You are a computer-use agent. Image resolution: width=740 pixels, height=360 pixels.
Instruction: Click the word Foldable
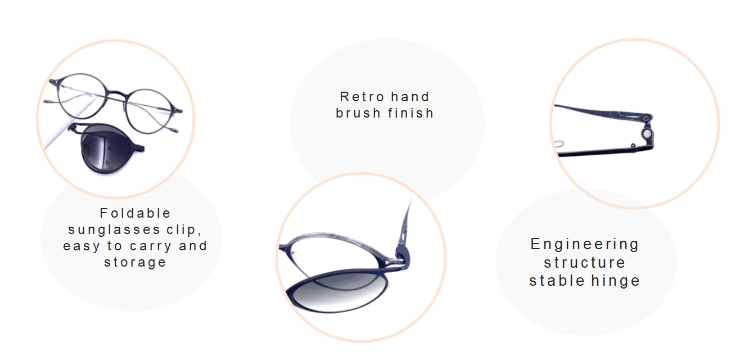[135, 213]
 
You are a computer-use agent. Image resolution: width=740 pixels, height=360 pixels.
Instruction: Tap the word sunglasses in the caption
[114, 229]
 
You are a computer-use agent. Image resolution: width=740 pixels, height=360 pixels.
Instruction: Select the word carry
[151, 246]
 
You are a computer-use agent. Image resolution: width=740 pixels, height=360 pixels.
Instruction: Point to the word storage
[135, 263]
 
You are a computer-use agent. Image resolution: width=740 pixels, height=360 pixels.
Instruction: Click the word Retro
[362, 97]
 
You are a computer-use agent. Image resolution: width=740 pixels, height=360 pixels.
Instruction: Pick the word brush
[358, 113]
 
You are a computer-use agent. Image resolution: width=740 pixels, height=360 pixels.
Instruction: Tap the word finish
[410, 113]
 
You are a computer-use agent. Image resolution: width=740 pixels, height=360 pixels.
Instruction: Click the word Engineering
[585, 245]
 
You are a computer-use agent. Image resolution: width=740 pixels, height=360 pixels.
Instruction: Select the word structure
[585, 263]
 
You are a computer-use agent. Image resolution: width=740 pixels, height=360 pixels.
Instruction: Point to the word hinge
[616, 281]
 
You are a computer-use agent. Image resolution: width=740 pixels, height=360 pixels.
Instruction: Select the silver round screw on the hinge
[647, 134]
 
